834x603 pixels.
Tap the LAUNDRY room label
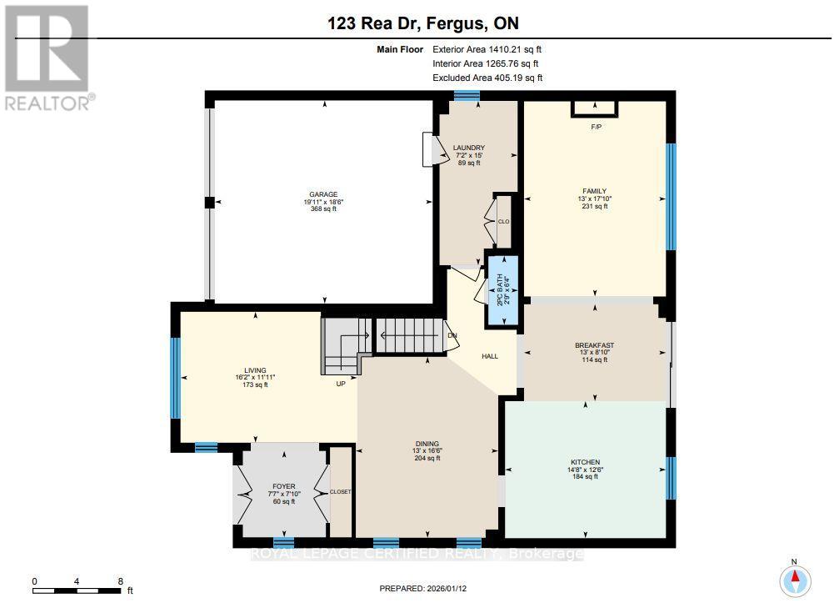pyautogui.click(x=469, y=148)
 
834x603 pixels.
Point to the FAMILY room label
pyautogui.click(x=594, y=190)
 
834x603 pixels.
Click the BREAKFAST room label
pyautogui.click(x=594, y=345)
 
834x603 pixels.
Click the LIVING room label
pyautogui.click(x=254, y=369)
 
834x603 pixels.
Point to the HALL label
pyautogui.click(x=490, y=356)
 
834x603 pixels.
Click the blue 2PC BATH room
pyautogui.click(x=503, y=289)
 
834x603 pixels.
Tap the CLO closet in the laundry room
pyautogui.click(x=503, y=222)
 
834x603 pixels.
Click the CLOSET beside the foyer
pyautogui.click(x=341, y=492)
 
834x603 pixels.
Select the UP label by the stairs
pyautogui.click(x=341, y=384)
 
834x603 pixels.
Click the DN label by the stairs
pyautogui.click(x=452, y=336)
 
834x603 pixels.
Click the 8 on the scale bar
pyautogui.click(x=121, y=581)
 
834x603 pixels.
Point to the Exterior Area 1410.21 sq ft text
pyautogui.click(x=487, y=49)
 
